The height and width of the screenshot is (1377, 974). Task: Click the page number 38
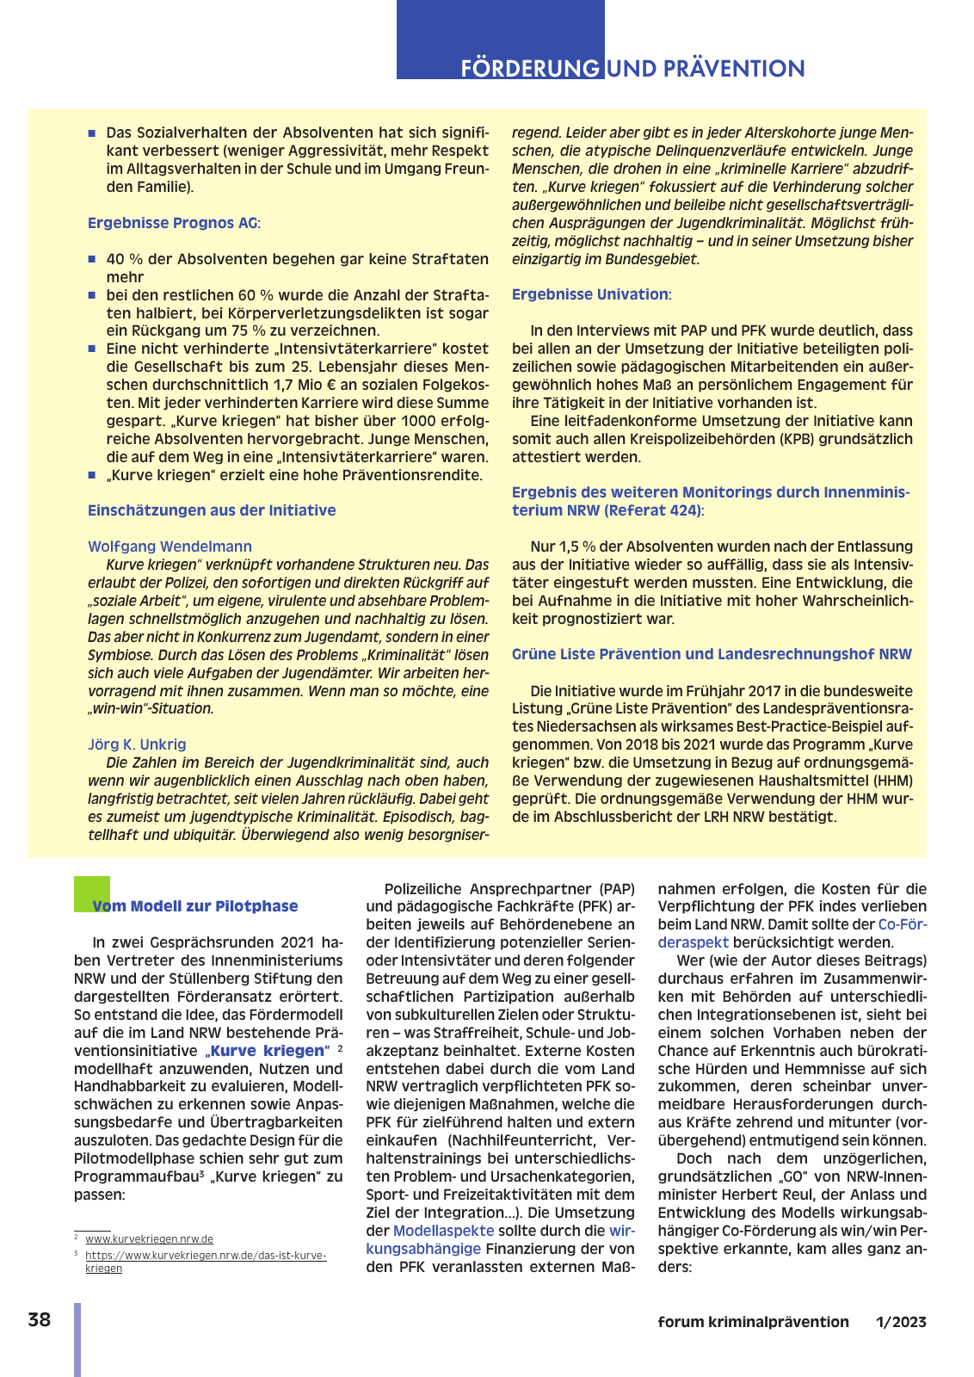click(40, 1320)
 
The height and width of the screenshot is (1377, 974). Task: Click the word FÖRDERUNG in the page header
click(530, 69)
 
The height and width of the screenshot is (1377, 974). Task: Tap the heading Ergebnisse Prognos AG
click(172, 223)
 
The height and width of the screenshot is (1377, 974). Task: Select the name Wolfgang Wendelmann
click(170, 546)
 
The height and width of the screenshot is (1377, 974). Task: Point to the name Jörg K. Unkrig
click(137, 744)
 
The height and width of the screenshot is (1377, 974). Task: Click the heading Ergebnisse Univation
click(589, 294)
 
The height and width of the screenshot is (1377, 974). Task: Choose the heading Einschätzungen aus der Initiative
click(212, 510)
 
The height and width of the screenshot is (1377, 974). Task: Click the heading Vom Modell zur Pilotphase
click(195, 906)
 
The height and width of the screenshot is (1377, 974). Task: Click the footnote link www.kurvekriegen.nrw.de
click(149, 1239)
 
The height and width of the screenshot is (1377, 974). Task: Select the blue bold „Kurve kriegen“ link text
click(267, 1051)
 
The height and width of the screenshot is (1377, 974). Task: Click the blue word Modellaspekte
click(443, 1231)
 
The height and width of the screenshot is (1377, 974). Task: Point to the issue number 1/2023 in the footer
click(901, 1322)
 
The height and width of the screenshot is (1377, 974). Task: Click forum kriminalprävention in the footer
click(753, 1322)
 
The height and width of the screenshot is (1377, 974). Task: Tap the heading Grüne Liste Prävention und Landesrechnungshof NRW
click(712, 654)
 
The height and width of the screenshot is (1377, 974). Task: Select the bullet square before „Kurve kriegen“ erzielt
click(92, 475)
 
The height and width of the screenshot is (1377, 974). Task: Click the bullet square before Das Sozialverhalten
click(92, 133)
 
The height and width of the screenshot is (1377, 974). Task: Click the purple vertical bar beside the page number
click(77, 1339)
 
